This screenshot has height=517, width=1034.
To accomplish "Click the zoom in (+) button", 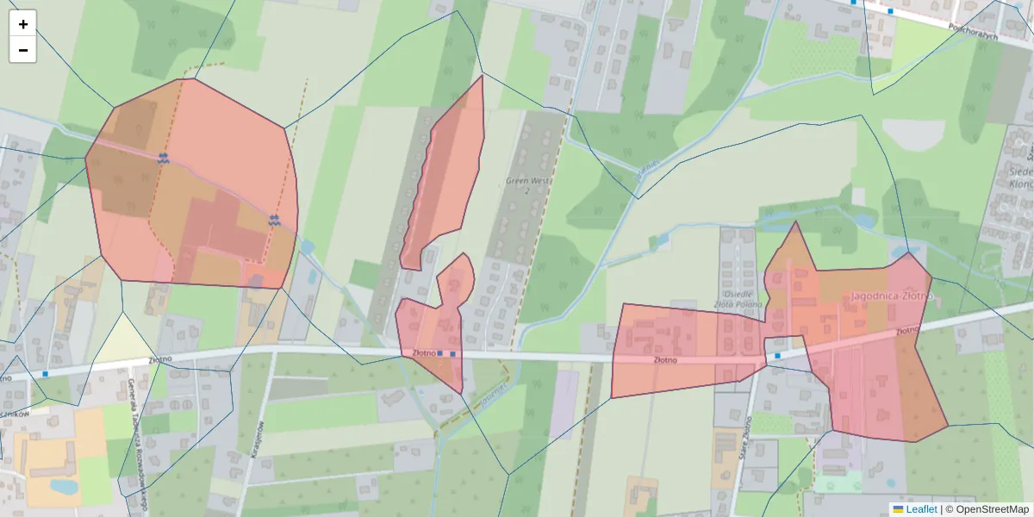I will coord(22,24).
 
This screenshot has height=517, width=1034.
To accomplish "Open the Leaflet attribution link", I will coord(921,509).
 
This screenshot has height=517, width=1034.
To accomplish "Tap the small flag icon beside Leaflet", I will coord(898,509).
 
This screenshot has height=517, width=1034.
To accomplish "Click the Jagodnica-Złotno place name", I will coord(892,296).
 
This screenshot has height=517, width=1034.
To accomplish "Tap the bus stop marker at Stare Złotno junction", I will coord(777,355).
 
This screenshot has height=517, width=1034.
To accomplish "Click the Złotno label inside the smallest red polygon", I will coord(422,352).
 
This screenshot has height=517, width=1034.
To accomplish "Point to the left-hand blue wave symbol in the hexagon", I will coord(163,158).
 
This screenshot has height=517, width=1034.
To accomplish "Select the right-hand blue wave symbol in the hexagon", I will coord(274,220).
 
